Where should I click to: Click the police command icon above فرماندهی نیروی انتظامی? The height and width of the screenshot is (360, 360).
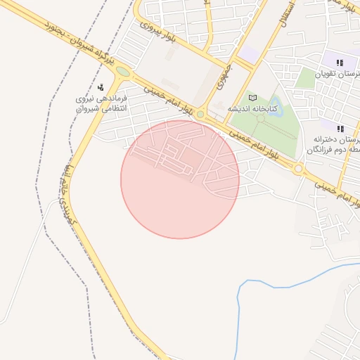pyautogui.click(x=101, y=87)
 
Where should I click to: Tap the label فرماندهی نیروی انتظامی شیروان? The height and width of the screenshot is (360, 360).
pyautogui.click(x=103, y=103)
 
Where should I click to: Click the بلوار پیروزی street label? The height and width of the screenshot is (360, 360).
pyautogui.click(x=155, y=27)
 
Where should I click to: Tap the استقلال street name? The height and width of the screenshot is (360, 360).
pyautogui.click(x=286, y=15)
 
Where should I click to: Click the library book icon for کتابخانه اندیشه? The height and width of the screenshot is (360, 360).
pyautogui.click(x=253, y=98)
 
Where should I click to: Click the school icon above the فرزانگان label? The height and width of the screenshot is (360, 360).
pyautogui.click(x=340, y=129)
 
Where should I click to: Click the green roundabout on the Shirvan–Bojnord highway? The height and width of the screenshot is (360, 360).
pyautogui.click(x=124, y=71)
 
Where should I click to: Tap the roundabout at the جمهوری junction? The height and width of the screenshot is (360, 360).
pyautogui.click(x=200, y=114)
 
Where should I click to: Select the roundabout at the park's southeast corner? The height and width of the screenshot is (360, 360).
pyautogui.click(x=298, y=169)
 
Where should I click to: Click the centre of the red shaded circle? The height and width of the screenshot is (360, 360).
pyautogui.click(x=180, y=179)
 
